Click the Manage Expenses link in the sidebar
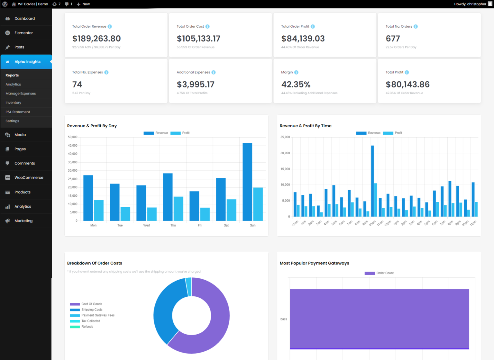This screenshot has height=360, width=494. (x=21, y=94)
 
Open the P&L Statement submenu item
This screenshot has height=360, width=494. (x=18, y=112)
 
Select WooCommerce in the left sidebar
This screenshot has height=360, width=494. (x=29, y=178)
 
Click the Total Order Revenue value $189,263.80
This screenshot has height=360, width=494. (x=96, y=39)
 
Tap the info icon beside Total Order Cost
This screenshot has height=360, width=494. (x=207, y=27)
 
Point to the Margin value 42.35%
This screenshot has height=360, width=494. (x=296, y=85)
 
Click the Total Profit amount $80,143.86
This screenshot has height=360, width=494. (x=407, y=85)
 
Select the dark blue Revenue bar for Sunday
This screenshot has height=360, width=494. (x=247, y=182)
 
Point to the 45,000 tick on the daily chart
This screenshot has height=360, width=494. (x=73, y=146)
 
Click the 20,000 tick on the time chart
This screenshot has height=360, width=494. (x=285, y=153)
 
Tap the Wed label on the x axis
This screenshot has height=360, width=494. (x=146, y=225)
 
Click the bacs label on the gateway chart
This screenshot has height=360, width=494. (x=283, y=319)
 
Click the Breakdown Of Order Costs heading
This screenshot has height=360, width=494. (x=95, y=263)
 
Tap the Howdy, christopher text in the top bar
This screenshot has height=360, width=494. (x=470, y=4)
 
